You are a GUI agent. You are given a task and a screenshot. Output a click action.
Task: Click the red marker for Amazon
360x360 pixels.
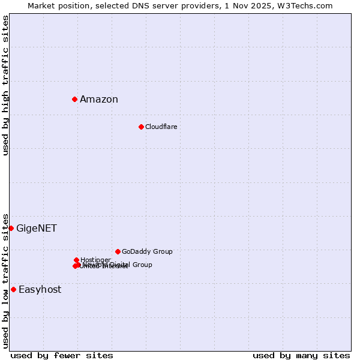(74, 99)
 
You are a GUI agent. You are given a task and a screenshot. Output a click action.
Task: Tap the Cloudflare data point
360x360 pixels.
(141, 127)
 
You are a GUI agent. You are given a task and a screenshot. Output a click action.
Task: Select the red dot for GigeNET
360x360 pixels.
(11, 228)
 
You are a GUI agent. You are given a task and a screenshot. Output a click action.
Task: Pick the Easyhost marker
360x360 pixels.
(13, 289)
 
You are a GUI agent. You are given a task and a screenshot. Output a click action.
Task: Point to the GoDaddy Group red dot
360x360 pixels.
(118, 251)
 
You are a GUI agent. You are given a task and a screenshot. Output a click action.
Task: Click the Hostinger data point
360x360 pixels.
(77, 260)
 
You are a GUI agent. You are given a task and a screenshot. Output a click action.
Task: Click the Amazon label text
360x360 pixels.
(99, 100)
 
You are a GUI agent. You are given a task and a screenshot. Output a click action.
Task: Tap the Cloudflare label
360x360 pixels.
(161, 127)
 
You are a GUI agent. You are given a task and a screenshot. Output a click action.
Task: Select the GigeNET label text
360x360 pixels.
(37, 229)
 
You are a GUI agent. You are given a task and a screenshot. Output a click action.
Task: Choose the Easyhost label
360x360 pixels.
(40, 290)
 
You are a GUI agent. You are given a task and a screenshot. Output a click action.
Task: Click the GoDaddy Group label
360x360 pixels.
(147, 251)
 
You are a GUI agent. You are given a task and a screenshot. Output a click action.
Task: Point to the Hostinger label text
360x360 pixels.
(95, 260)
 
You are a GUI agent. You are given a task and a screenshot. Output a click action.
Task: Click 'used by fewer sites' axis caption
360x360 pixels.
(62, 355)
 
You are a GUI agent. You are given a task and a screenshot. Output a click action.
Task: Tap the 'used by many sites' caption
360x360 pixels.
(301, 355)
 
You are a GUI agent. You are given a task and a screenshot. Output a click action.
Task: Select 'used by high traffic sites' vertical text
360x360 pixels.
(5, 85)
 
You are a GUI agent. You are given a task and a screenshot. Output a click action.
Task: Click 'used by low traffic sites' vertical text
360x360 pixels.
(5, 280)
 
